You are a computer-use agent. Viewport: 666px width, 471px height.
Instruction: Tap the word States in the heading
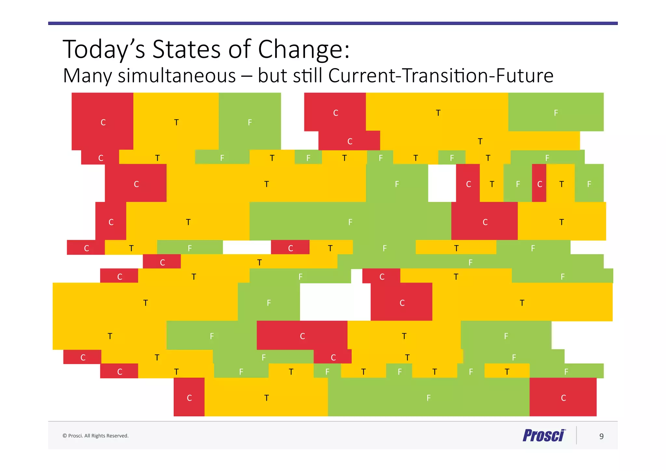[x=186, y=49]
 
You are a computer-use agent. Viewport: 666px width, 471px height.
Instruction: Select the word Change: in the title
[x=304, y=49]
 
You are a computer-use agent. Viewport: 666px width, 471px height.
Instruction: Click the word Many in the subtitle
[x=87, y=76]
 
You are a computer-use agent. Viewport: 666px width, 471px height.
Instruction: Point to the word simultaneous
[x=177, y=76]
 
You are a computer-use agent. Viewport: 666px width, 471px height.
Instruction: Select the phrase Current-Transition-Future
[x=441, y=76]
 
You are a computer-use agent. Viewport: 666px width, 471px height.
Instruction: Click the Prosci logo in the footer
[x=544, y=436]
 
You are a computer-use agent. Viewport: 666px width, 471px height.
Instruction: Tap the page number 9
[x=601, y=436]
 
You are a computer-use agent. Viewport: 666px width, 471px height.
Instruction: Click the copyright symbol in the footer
[x=64, y=436]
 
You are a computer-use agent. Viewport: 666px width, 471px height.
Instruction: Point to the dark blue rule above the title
[x=333, y=23]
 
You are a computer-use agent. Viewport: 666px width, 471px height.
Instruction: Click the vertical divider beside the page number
[x=577, y=435]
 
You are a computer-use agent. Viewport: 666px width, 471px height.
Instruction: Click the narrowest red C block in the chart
[x=539, y=183]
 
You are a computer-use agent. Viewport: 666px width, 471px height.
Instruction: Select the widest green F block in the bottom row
[x=428, y=397]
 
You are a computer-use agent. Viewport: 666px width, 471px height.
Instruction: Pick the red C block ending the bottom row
[x=563, y=397]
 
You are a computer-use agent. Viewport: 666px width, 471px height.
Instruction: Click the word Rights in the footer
[x=97, y=436]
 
